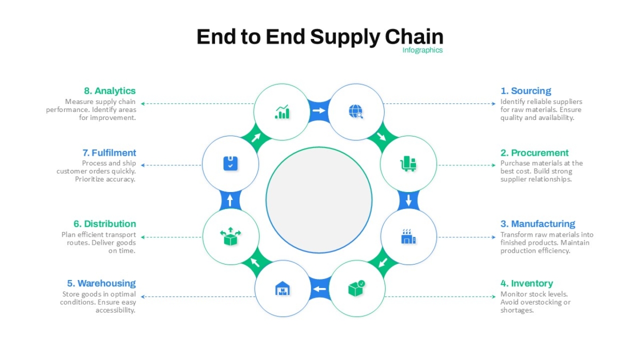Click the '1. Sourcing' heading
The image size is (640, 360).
(x=525, y=91)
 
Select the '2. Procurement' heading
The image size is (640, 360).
(x=534, y=153)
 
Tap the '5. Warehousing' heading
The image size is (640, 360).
(x=101, y=283)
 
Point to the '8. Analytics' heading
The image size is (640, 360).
(x=110, y=91)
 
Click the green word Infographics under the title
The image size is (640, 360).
(x=422, y=50)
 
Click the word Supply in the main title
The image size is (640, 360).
(x=345, y=37)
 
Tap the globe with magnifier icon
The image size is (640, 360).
(x=356, y=111)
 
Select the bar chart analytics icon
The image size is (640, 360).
(x=282, y=111)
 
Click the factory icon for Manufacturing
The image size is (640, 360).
(x=409, y=236)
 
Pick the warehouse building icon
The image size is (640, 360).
(x=282, y=289)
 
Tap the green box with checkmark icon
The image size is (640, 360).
(x=357, y=289)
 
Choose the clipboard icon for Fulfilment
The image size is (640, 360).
(x=230, y=163)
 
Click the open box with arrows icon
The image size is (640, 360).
(x=230, y=236)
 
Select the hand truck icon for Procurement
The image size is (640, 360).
(x=408, y=163)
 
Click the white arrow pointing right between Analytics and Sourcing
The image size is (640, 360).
(x=319, y=110)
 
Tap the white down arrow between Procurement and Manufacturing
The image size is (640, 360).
(x=409, y=201)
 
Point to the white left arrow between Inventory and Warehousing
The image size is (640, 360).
(x=319, y=289)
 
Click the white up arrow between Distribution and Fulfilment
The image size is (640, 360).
(x=230, y=200)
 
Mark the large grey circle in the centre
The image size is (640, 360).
(x=319, y=200)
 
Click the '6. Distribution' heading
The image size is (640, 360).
(x=105, y=223)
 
